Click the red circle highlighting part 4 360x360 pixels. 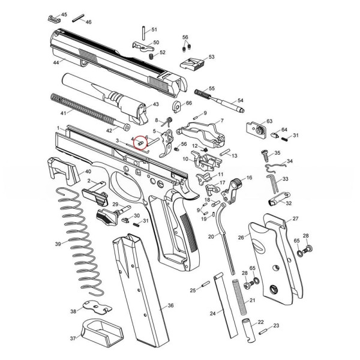pyautogui.click(x=140, y=143)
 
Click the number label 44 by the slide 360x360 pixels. pyautogui.click(x=56, y=62)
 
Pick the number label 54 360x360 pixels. pyautogui.click(x=241, y=100)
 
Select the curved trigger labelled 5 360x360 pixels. pyautogui.click(x=169, y=147)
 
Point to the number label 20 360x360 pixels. pyautogui.click(x=211, y=236)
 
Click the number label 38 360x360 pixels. pyautogui.click(x=73, y=311)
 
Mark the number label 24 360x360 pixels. pyautogui.click(x=212, y=313)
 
